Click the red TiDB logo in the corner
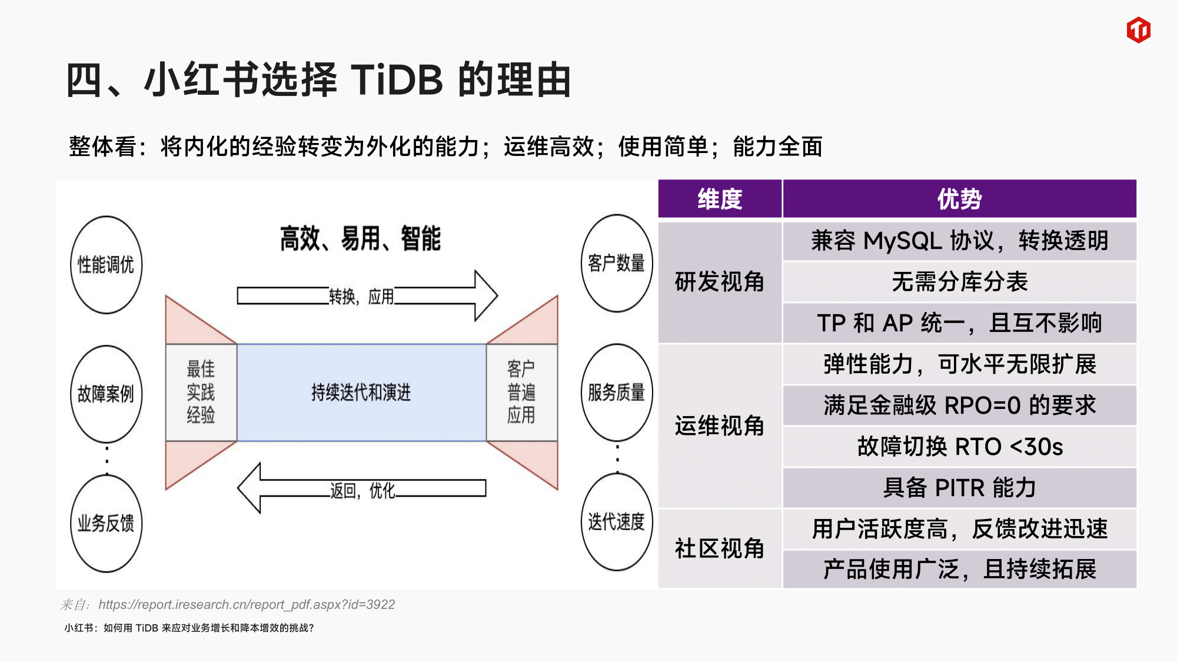tap(1138, 30)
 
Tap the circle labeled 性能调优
tap(106, 265)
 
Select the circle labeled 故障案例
tap(106, 394)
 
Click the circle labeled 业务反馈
tap(106, 523)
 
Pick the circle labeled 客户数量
tap(616, 263)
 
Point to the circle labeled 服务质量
tap(616, 392)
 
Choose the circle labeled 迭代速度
tap(616, 521)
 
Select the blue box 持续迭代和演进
tap(361, 392)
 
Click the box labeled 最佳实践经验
tap(201, 392)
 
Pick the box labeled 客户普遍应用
tap(521, 392)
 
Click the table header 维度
tap(720, 199)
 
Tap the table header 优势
tap(959, 199)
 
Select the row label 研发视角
tap(720, 282)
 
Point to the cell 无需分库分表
tap(959, 282)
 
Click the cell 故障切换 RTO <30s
tap(959, 447)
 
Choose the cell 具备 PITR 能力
tap(959, 488)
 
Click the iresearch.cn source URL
tap(247, 604)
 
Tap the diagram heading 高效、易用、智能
tap(360, 239)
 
